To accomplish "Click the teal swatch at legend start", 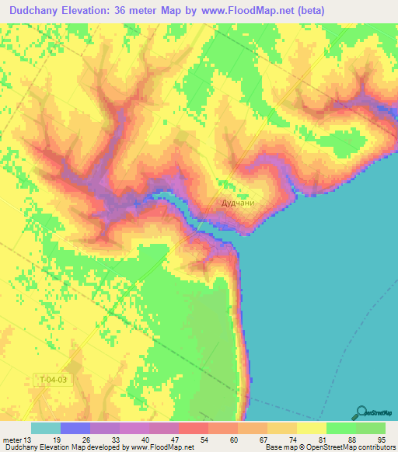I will tap(46, 428).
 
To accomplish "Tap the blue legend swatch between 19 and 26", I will tap(75, 428).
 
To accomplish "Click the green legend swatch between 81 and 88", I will tap(341, 428).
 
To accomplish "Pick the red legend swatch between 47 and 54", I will tap(194, 428).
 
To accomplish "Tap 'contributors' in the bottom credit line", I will tap(376, 447).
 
